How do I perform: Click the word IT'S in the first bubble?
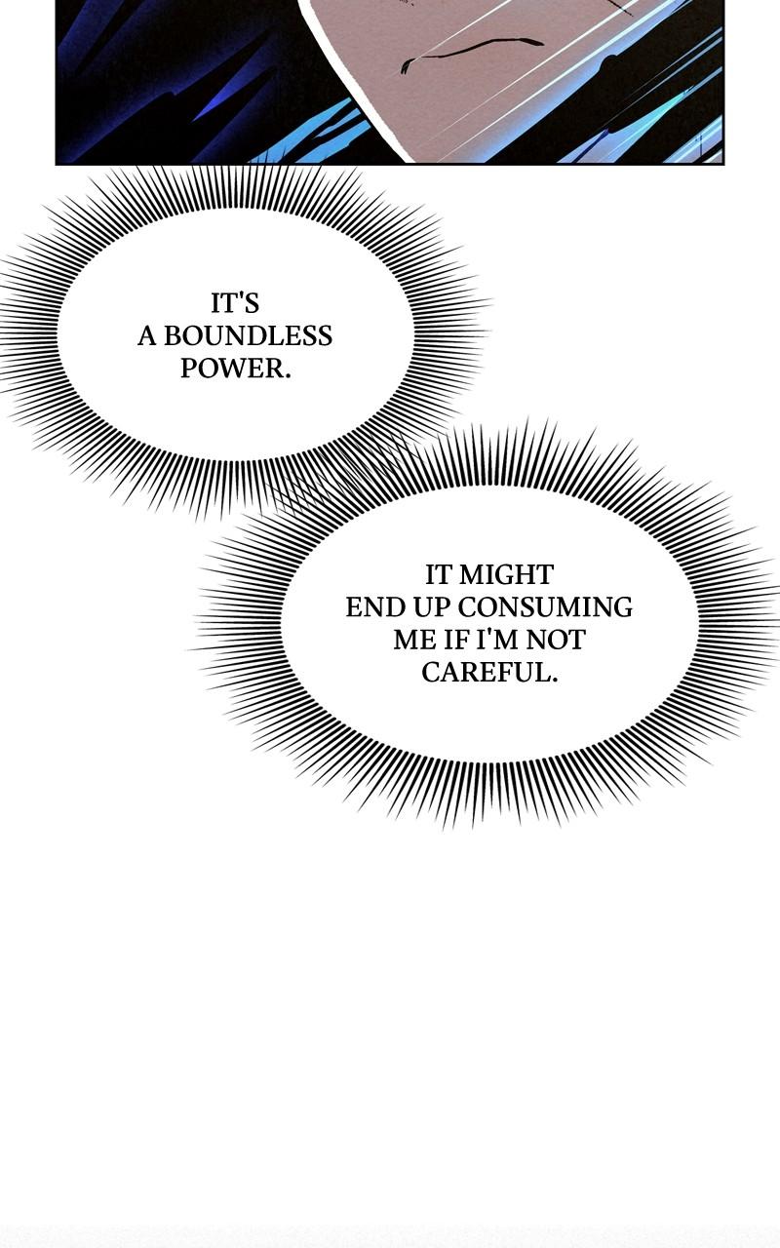[235, 303]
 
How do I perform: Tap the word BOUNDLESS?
[248, 336]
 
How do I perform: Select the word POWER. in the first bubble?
[236, 369]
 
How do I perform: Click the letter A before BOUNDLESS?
[146, 336]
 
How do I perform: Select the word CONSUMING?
[545, 607]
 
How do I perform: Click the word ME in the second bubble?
[412, 640]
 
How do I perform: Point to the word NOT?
[556, 640]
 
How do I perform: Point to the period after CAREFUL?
[554, 680]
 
